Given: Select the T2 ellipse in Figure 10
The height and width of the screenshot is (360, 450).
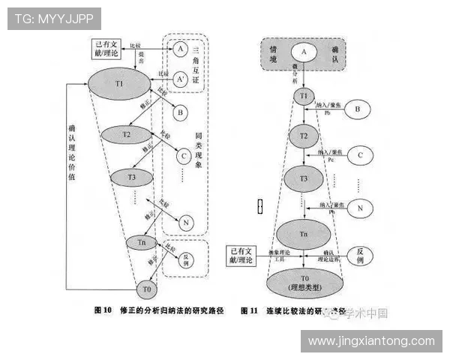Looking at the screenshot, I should point(127,135).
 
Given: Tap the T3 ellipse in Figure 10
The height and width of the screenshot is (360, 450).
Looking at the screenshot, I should point(131,178).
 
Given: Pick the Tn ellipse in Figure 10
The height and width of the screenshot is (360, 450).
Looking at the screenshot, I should point(141,241).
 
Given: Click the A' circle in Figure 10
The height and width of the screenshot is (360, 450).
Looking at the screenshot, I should point(180,78).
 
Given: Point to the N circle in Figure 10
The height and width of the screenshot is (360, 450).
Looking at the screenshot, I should point(185,222).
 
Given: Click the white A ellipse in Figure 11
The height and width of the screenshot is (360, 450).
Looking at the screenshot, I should point(304,52).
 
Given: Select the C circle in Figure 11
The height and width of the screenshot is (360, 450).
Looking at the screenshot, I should point(360,156).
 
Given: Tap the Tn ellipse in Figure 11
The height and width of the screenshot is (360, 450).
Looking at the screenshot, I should point(304,235).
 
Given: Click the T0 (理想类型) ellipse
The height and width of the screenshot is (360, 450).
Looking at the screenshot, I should point(303,282).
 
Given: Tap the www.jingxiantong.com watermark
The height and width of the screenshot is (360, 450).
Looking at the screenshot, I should point(371,341).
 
